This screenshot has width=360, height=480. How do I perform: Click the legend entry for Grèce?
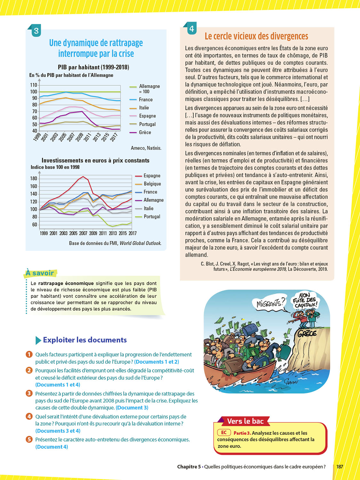pyautogui.click(x=145, y=132)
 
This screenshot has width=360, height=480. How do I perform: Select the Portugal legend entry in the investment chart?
pyautogui.click(x=152, y=217)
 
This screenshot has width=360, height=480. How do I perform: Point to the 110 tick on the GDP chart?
pyautogui.click(x=34, y=85)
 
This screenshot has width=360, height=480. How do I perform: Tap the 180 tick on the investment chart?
pyautogui.click(x=34, y=179)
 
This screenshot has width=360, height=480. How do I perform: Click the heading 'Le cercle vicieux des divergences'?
pyautogui.click(x=256, y=36)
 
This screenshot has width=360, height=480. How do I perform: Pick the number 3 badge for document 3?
pyautogui.click(x=36, y=31)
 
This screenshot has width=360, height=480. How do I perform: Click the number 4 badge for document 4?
pyautogui.click(x=191, y=29)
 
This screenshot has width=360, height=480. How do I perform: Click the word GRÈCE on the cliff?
pyautogui.click(x=307, y=334)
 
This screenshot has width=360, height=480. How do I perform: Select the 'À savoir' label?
pyautogui.click(x=40, y=273)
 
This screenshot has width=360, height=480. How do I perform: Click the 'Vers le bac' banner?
pyautogui.click(x=245, y=421)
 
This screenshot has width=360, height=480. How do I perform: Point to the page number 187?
pyautogui.click(x=340, y=467)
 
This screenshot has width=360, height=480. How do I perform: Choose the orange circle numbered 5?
pyautogui.click(x=29, y=439)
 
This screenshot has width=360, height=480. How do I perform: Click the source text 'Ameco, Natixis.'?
pyautogui.click(x=146, y=148)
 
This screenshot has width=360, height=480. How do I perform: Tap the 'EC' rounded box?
pyautogui.click(x=224, y=433)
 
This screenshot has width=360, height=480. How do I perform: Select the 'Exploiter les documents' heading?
pyautogui.click(x=85, y=340)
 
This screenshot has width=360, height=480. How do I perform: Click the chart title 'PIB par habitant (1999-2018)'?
pyautogui.click(x=93, y=67)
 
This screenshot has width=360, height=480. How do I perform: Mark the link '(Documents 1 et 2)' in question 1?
pyautogui.click(x=156, y=362)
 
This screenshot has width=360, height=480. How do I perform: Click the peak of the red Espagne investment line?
pyautogui.click(x=83, y=177)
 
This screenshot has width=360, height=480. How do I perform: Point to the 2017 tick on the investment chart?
pyautogui.click(x=132, y=233)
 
